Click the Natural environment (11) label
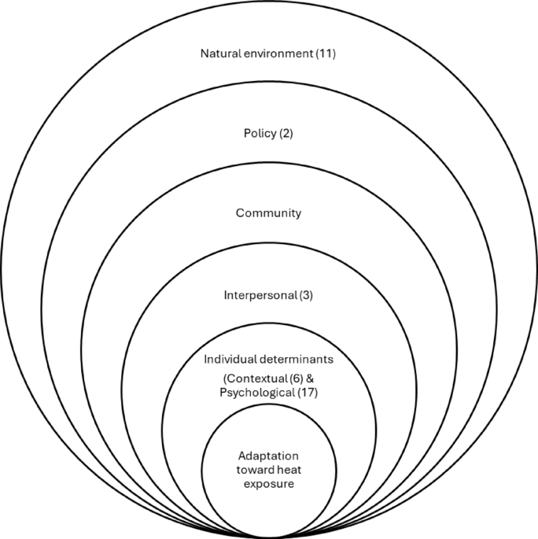point(269,54)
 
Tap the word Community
point(269,212)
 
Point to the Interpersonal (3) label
point(269,295)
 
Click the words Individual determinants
point(269,359)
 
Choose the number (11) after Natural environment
point(326,54)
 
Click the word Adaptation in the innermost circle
point(269,456)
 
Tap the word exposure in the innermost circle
point(269,484)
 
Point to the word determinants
point(295,359)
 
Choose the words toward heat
point(269,471)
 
